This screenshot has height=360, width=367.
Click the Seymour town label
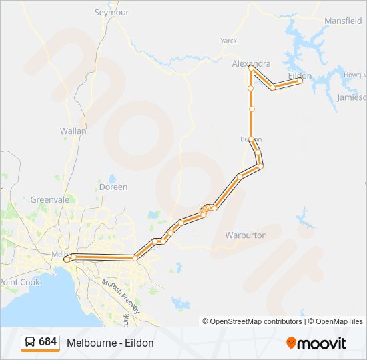111,12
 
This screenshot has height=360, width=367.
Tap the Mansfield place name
342,21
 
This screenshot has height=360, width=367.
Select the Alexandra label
251,63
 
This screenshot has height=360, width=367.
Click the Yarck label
228,41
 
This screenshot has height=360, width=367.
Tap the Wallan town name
73,131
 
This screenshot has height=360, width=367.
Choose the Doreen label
113,187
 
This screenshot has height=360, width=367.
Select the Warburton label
246,235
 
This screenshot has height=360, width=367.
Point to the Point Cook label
19,282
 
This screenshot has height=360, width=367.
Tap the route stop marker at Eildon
300,81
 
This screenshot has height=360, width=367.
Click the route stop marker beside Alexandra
250,68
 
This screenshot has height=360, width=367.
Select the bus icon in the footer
30,342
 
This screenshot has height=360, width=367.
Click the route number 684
48,342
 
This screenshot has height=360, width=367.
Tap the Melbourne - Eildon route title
110,343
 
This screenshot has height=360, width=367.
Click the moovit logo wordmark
322,343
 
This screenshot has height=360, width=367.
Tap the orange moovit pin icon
291,343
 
